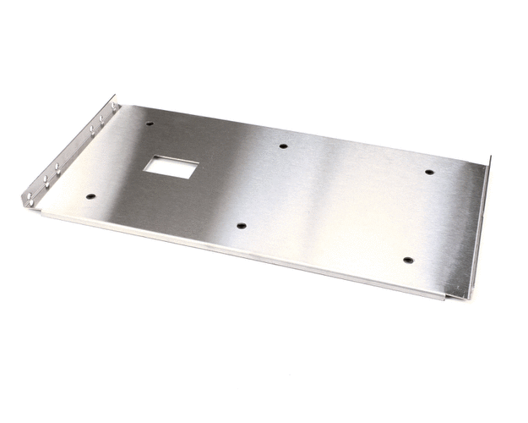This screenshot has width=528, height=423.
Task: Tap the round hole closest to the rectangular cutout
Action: point(150,124)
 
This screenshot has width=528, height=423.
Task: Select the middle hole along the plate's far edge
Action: point(282,146)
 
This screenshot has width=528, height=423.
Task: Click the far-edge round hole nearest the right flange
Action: point(429,172)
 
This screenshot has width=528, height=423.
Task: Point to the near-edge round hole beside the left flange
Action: point(90,197)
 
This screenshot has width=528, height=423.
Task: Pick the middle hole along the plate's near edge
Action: point(241,226)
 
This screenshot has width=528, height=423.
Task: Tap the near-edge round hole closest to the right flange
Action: point(407,261)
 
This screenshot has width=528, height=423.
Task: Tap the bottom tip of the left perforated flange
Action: point(25,206)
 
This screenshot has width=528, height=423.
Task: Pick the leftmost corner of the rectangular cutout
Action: point(142,169)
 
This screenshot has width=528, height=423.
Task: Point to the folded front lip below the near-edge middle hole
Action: point(241,254)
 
